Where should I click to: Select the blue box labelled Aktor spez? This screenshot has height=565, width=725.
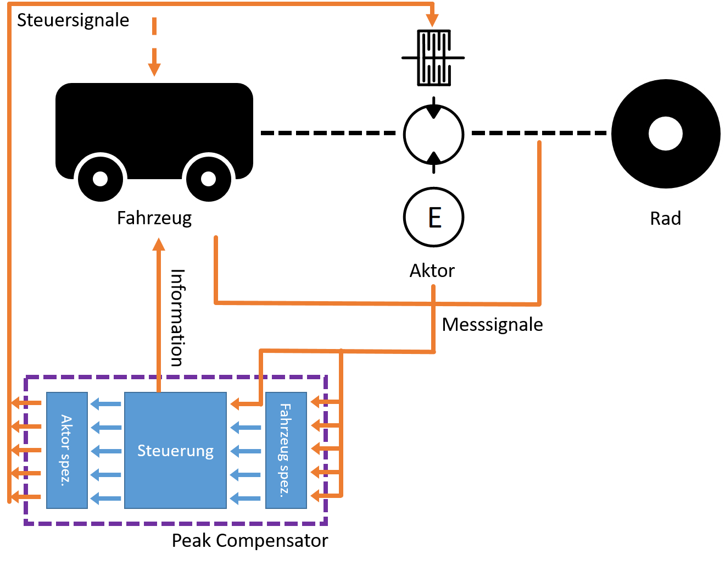click(67, 450)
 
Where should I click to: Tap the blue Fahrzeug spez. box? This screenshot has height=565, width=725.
click(286, 450)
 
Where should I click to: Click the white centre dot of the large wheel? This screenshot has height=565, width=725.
click(665, 134)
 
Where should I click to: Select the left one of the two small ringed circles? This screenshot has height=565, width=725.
click(101, 179)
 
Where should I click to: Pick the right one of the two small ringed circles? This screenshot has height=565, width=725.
click(209, 179)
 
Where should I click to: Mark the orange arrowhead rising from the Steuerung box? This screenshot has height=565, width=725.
click(159, 245)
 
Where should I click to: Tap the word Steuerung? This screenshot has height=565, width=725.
click(175, 451)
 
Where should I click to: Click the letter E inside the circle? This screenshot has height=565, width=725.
click(434, 218)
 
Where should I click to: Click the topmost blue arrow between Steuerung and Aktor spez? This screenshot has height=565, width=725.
click(105, 404)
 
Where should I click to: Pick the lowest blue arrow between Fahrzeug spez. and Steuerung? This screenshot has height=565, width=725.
click(246, 498)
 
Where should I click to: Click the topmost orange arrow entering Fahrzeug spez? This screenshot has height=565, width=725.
click(324, 402)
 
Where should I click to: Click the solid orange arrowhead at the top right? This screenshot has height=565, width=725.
click(432, 20)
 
